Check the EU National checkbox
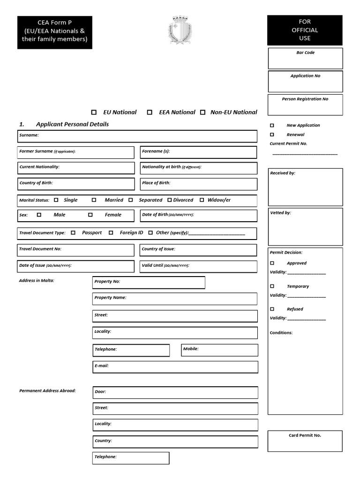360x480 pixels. [94, 112]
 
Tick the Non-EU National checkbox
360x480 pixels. [203, 112]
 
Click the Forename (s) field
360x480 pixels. [198, 152]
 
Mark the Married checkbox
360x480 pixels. [94, 200]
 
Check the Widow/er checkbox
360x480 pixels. [202, 200]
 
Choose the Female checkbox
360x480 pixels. [90, 215]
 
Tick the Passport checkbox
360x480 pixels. [73, 232]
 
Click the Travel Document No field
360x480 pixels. [75, 250]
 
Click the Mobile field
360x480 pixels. [219, 350]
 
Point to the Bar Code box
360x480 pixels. [305, 59]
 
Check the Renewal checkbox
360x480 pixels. [272, 135]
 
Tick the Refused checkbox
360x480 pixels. [272, 309]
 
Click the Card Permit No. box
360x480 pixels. [305, 441]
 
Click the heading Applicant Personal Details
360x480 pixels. [72, 124]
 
